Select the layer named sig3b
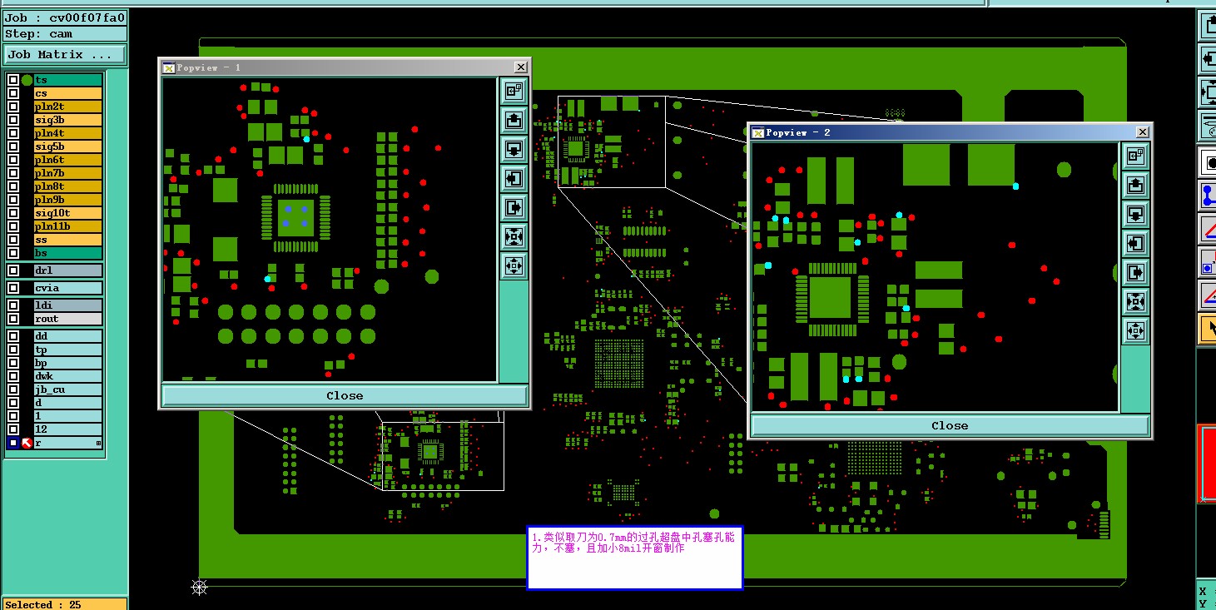coord(68,120)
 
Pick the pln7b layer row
coord(68,173)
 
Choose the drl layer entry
coord(68,270)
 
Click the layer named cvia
coord(68,288)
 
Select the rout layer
coord(68,319)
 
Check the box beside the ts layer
coord(13,80)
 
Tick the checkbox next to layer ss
coord(13,240)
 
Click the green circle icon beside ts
coord(27,81)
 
